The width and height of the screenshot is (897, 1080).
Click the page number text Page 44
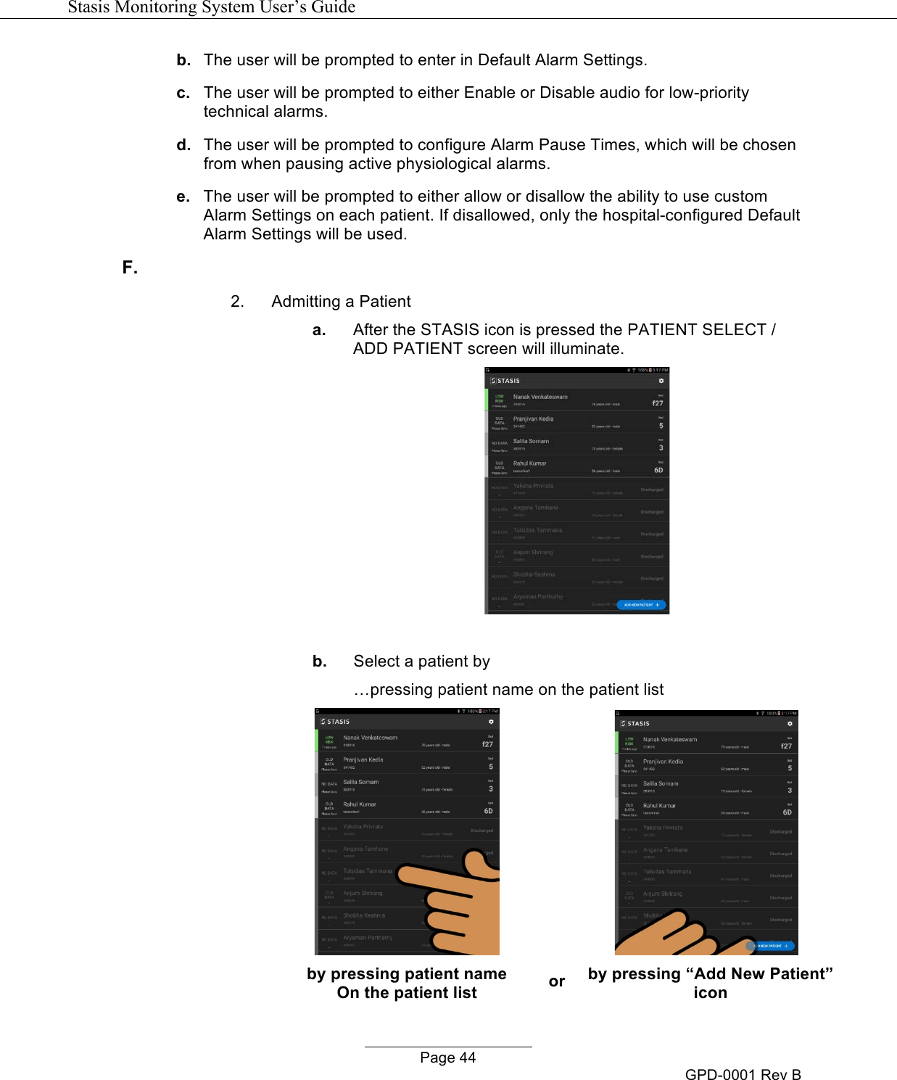[447, 1058]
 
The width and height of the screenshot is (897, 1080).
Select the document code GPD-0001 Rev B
[743, 1074]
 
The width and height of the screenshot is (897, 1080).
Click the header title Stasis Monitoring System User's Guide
[211, 7]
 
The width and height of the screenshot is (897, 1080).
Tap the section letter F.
[130, 268]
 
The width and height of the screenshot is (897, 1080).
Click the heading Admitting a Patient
[341, 302]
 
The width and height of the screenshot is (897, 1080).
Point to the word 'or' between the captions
[556, 981]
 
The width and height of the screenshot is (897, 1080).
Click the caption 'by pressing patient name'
[406, 974]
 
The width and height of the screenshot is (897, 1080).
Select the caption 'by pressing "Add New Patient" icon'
[710, 983]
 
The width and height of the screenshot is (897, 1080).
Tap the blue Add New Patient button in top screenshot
[641, 604]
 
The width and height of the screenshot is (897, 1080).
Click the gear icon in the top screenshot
[661, 381]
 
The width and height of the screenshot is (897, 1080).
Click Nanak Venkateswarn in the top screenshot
[540, 397]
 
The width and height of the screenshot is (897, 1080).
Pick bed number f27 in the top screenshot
[657, 403]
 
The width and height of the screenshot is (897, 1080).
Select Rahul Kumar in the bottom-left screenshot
[360, 804]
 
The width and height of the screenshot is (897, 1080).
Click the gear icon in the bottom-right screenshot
[790, 724]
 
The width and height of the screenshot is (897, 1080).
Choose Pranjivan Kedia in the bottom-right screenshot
[663, 762]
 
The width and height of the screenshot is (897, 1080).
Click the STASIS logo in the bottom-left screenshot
[336, 722]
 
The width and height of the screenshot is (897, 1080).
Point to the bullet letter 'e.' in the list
[183, 197]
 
